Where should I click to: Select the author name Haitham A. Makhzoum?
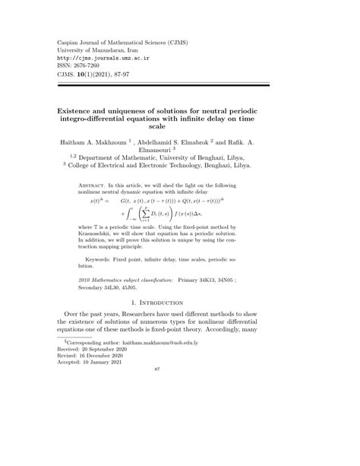click(86, 141)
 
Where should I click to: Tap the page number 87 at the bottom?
click(179, 454)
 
